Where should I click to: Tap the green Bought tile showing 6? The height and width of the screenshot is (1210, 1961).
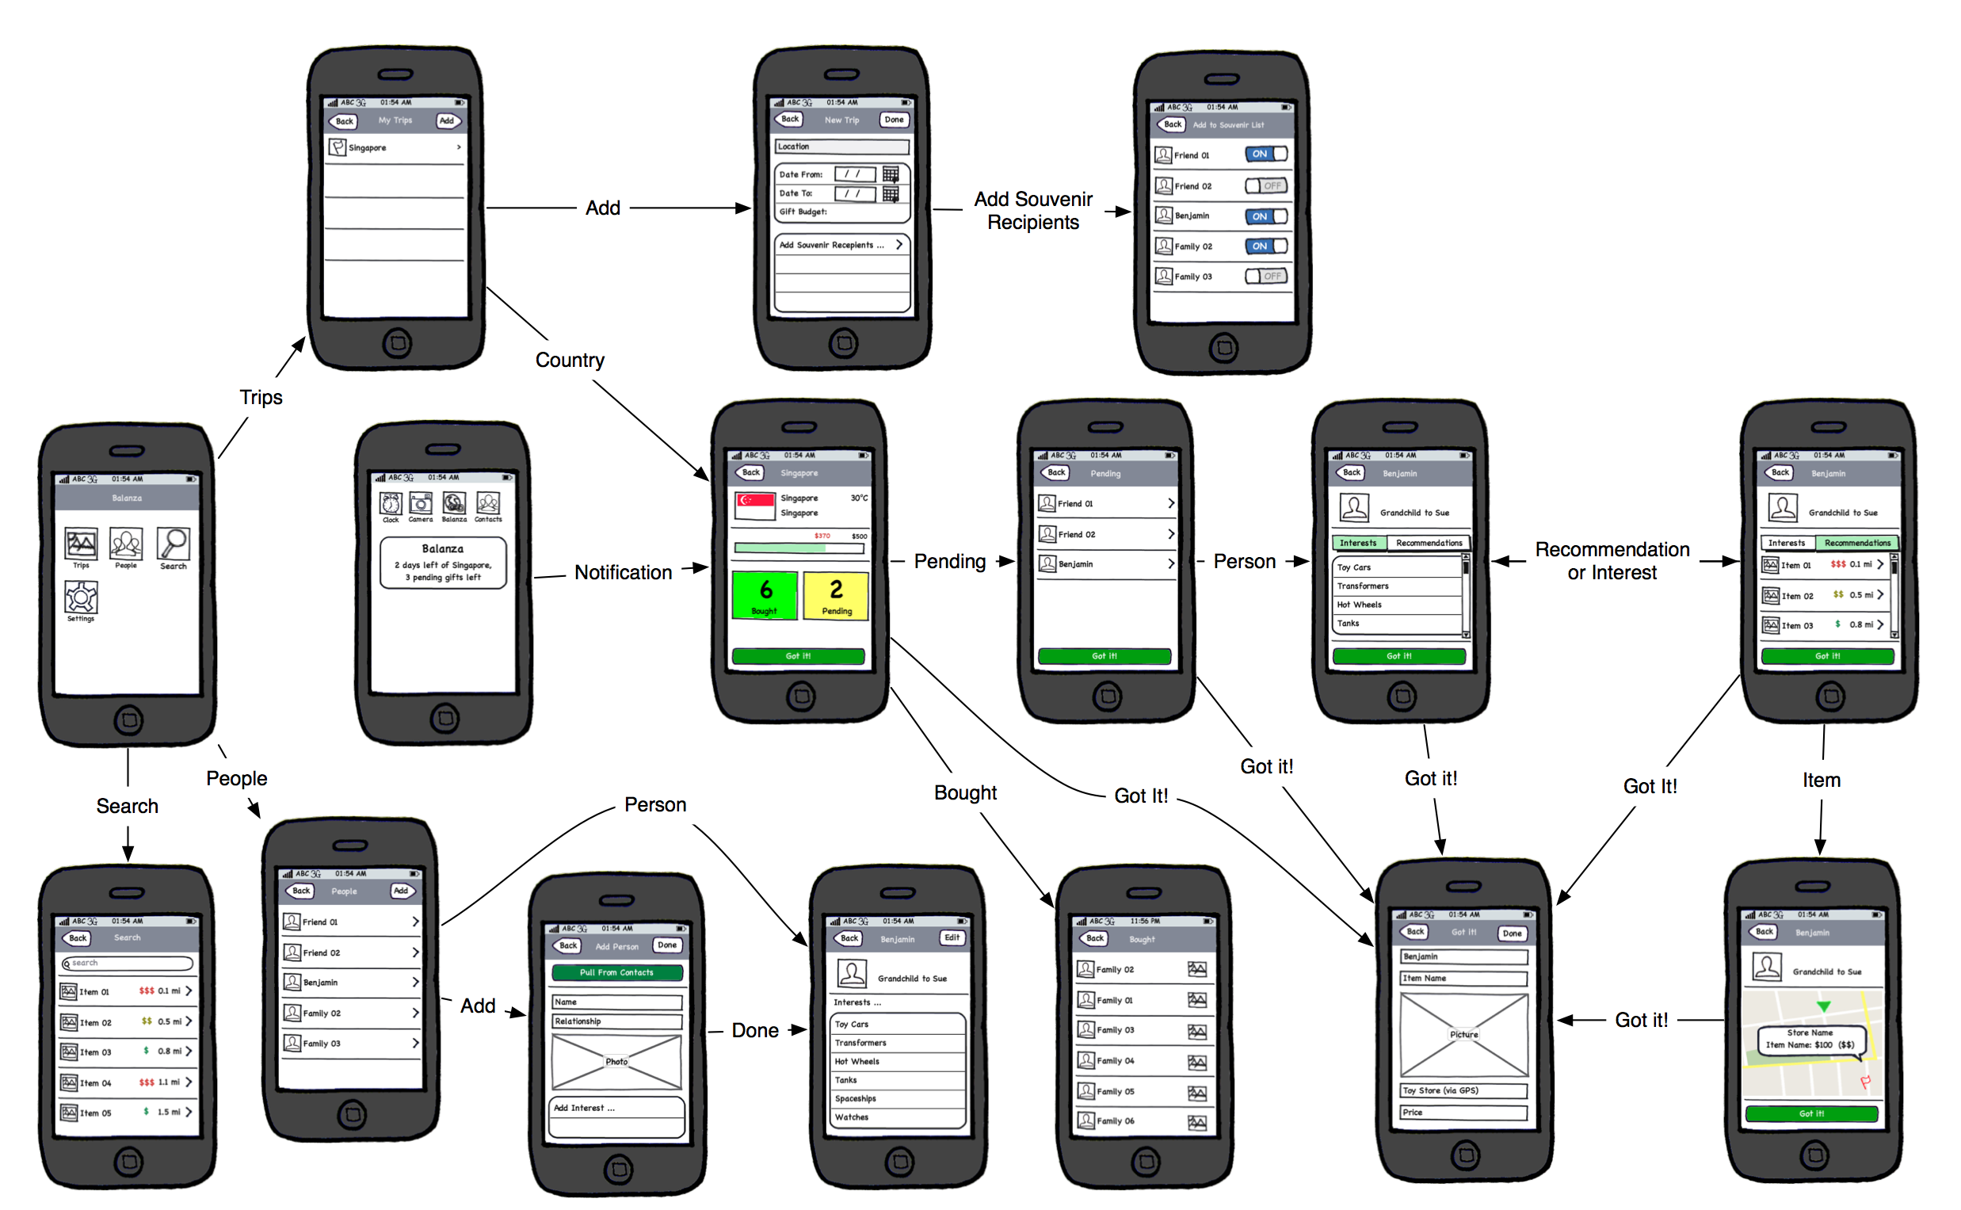764,594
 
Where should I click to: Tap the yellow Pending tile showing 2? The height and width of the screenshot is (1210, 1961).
835,594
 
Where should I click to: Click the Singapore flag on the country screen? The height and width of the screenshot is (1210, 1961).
754,505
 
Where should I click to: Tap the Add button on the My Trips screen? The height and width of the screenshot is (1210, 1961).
446,120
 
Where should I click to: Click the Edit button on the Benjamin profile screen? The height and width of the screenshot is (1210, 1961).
952,937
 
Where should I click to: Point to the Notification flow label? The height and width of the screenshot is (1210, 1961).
623,572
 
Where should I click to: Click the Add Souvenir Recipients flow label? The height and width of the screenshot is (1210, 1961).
1032,211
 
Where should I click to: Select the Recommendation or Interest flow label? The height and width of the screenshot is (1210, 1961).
1612,561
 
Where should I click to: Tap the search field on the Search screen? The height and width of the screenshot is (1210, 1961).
128,964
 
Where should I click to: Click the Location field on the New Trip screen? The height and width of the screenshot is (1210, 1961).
841,147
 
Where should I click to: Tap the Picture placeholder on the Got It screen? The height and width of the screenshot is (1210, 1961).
1463,1035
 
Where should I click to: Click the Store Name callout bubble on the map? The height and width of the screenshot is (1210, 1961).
1809,1040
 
